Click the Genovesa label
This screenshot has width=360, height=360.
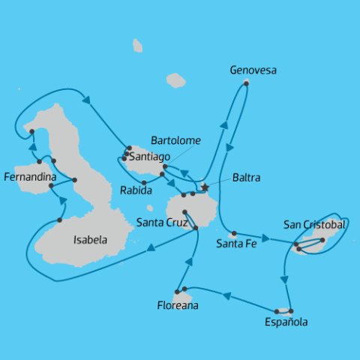coord(253,70)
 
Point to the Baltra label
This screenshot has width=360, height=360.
coord(247,178)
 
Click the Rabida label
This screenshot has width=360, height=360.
coord(135,191)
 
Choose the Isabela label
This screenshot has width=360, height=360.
coord(89,241)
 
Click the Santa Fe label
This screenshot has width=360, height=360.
coord(234,243)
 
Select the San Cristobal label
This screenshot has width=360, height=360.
coord(314,224)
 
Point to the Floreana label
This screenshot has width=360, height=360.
coord(178,305)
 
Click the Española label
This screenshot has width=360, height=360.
coord(286,322)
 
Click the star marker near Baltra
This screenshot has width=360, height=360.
coord(205,187)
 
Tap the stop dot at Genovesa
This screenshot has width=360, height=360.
coord(246,83)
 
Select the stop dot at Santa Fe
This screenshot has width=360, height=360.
coord(234,233)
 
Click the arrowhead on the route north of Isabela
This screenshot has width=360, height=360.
coord(85,100)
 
